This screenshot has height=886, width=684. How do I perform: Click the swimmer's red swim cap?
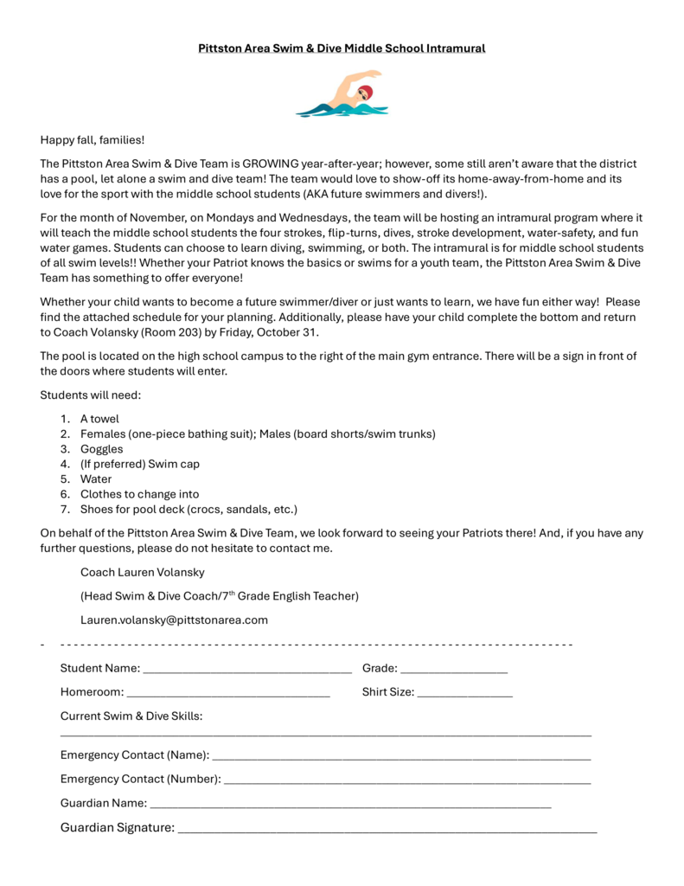pos(367,92)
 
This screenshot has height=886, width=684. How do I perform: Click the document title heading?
pos(342,48)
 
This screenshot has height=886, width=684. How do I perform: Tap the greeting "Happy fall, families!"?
pos(93,139)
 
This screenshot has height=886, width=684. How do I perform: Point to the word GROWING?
pos(271,164)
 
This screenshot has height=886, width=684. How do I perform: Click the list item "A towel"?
pos(99,419)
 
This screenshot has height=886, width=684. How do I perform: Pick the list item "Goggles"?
pos(102,449)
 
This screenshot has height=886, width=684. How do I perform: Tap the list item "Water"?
pos(96,479)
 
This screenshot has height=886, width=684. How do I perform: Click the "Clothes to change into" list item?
pos(139,494)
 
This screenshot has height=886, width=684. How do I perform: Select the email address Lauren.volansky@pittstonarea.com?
pos(174,620)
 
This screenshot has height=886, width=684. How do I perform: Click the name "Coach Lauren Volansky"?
pos(143,573)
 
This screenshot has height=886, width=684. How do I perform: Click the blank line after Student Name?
pos(247,670)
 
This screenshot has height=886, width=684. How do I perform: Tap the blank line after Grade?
pos(454,670)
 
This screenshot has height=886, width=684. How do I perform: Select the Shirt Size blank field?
pos(465,693)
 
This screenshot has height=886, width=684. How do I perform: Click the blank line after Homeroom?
pos(228,693)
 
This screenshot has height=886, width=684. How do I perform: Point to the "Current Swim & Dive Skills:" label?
pos(131,716)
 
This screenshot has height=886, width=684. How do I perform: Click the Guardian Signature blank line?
pos(387,829)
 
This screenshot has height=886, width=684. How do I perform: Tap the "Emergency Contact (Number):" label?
pos(140,779)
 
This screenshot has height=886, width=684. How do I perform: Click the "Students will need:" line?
pos(90,395)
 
